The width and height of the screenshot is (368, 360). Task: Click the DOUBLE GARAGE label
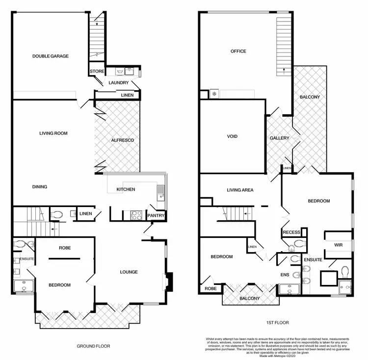tap(51, 56)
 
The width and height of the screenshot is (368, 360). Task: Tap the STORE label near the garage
tap(97, 72)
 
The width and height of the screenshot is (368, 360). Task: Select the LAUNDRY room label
tap(119, 83)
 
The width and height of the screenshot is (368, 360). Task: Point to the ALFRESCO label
tap(123, 140)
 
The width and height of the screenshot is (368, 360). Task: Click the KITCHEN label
tap(126, 189)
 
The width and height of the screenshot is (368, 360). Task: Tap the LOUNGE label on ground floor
tap(129, 272)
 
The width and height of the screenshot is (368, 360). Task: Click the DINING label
tap(40, 186)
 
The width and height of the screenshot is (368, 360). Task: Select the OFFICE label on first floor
tap(238, 51)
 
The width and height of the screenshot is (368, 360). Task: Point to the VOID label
tap(232, 136)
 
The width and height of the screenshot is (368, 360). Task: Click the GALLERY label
tap(279, 138)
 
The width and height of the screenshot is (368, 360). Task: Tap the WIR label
tap(338, 244)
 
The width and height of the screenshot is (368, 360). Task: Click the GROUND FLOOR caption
tap(93, 346)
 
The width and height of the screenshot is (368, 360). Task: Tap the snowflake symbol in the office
tap(214, 93)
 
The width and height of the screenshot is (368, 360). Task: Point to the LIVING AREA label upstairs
tap(240, 190)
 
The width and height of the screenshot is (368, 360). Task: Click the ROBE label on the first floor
tap(210, 289)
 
